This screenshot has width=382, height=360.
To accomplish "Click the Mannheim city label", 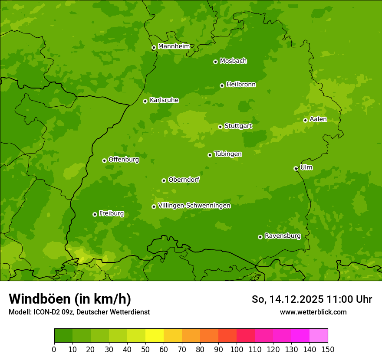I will point(174,46).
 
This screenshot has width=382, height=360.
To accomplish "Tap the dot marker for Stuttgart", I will point(220,127).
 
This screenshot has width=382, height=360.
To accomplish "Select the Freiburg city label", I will point(111,213).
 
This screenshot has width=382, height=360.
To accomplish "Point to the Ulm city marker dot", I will point(296,168).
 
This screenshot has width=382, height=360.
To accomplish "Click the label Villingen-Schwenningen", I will point(194,206).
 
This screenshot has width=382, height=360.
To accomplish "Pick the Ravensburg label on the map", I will point(282,236).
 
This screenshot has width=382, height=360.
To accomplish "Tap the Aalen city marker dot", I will point(305,120).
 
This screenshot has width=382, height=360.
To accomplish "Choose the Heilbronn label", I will point(240,85).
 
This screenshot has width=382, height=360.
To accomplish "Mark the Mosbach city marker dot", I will point(215,62).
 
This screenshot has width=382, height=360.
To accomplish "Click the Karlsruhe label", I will point(164,100).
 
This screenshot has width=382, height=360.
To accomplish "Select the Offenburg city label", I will point(123,160).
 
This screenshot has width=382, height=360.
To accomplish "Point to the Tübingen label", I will point(227,154).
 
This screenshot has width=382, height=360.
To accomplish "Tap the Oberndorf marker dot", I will point(164,180).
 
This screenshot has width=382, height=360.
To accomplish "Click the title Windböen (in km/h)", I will point(69,299).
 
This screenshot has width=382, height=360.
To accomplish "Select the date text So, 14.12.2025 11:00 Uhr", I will point(312,299).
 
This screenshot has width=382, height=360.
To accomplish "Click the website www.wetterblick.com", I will point(313,312).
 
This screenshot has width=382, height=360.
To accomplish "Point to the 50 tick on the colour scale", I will point(145,349).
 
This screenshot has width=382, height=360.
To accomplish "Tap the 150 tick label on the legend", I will point(328,349).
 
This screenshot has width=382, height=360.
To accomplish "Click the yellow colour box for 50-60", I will point(155,336).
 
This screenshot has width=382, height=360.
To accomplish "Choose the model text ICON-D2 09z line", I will point(79,312).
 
